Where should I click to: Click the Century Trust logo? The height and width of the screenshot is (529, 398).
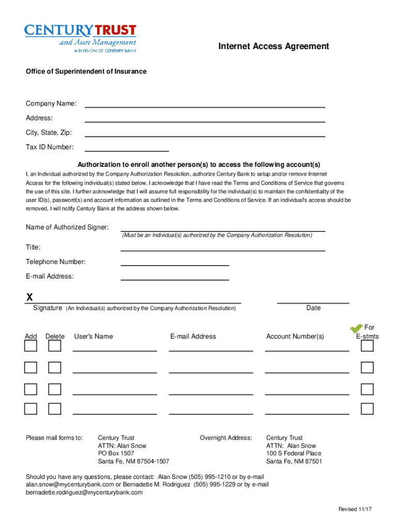81,37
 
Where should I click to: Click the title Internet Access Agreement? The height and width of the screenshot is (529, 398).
273,46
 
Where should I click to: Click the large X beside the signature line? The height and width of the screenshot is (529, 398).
29,297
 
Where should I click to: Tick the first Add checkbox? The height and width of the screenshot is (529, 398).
31,346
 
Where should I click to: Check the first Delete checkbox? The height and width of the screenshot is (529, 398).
55,346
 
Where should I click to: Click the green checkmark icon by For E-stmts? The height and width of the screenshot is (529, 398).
356,329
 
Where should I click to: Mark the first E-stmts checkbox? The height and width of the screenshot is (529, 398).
367,346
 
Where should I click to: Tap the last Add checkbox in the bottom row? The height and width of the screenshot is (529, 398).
31,409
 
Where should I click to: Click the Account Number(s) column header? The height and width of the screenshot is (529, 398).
295,336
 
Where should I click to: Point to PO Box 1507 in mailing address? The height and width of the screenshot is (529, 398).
116,454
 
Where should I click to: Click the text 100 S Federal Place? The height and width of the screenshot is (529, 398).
294,454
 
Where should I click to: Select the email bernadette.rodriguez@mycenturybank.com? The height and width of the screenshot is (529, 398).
84,492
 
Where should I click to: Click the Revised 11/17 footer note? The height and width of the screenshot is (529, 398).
355,509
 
